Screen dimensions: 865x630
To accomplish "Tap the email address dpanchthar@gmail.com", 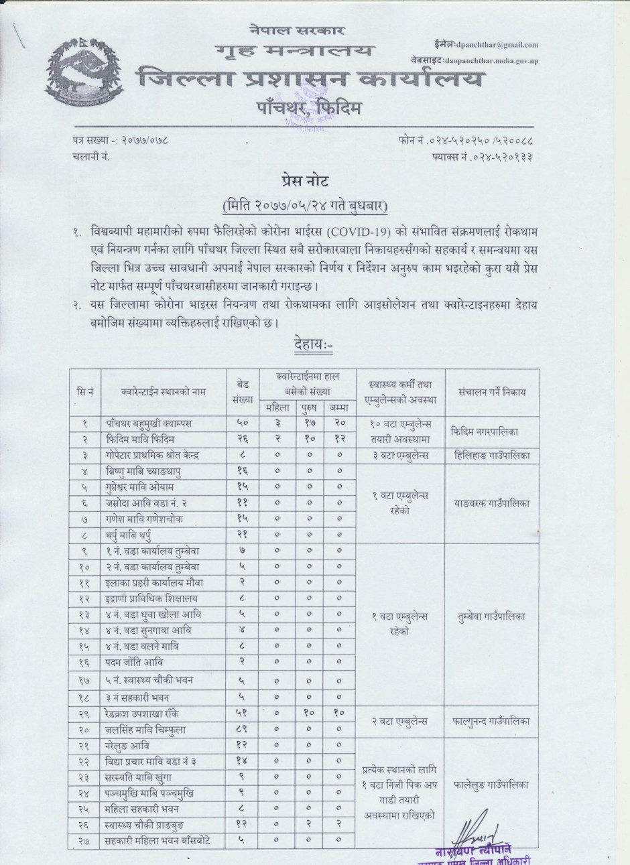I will click(496, 45).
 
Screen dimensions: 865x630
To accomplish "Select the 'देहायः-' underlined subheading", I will click(314, 345).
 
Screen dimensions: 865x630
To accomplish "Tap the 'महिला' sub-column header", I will click(277, 407).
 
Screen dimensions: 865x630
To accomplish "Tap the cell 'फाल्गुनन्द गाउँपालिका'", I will click(491, 722).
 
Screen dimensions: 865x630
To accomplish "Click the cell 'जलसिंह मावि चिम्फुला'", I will click(146, 729).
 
